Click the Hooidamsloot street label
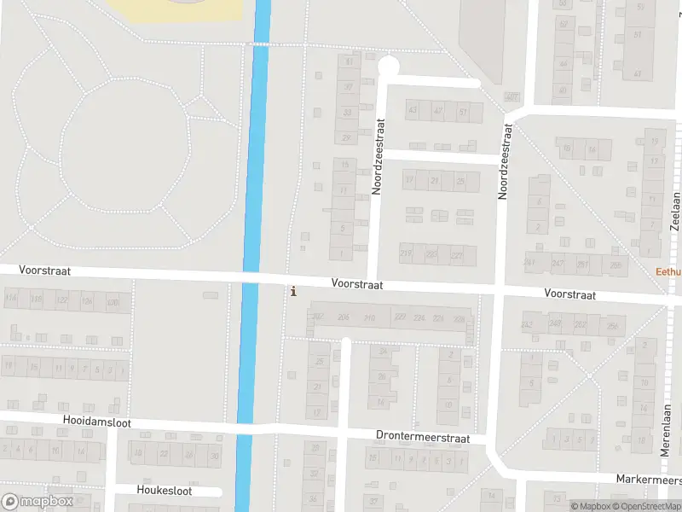pos(100,421)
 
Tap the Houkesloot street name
pos(165,491)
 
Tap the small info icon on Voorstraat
pos(294,291)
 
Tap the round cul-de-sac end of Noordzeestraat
pos(388,66)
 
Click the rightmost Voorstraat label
pos(569,294)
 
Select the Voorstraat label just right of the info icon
pos(357,283)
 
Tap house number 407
pos(511,96)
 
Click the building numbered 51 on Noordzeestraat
pos(464,112)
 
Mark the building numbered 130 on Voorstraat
pos(114,301)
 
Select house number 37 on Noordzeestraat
pos(347,87)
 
